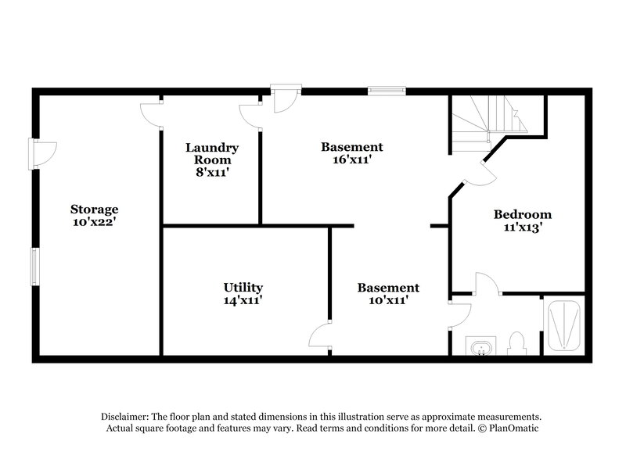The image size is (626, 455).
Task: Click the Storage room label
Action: click(x=94, y=209)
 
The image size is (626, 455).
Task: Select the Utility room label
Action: click(x=243, y=287)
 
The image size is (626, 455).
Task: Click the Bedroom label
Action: click(x=522, y=214)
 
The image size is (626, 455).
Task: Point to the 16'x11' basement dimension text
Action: click(x=352, y=159)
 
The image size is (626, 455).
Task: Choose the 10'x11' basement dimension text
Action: click(x=388, y=300)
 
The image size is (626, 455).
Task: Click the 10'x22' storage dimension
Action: click(x=94, y=222)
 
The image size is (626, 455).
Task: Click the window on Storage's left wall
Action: click(x=34, y=267)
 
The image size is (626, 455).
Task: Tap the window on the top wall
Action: click(x=387, y=91)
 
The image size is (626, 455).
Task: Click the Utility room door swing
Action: click(x=322, y=336)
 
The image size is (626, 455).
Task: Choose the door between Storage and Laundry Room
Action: click(x=150, y=113)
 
